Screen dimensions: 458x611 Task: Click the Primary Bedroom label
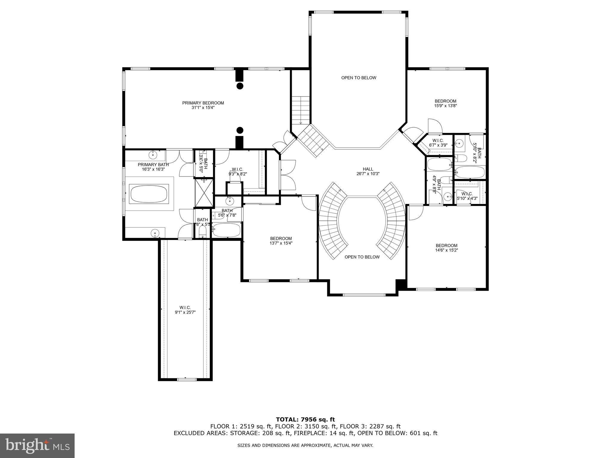[x=203, y=103]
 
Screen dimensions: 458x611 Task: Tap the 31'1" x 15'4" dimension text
[x=203, y=108]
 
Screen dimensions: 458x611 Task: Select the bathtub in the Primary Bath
[x=149, y=194]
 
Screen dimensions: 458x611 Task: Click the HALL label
[x=368, y=169]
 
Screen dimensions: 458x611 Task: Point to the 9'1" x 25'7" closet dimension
[x=185, y=312]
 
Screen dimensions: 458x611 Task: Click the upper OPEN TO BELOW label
[x=359, y=78]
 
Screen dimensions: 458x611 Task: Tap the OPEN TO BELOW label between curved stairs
[x=362, y=257]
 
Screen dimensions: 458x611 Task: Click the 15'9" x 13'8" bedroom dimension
[x=445, y=106]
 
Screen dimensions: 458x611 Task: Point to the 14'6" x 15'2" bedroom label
[x=446, y=248]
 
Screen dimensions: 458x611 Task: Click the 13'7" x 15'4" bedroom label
[x=281, y=241]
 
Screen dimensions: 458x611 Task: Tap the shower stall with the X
[x=204, y=193]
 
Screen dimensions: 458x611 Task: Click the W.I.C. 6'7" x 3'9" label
[x=438, y=143]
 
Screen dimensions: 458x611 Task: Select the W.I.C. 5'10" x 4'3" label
[x=467, y=196]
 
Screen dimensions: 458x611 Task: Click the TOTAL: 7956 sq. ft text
[x=305, y=420]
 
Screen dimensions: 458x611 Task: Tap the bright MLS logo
[x=37, y=446]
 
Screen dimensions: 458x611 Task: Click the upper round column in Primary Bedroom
[x=240, y=86]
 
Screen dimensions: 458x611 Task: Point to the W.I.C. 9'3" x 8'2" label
[x=237, y=171]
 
